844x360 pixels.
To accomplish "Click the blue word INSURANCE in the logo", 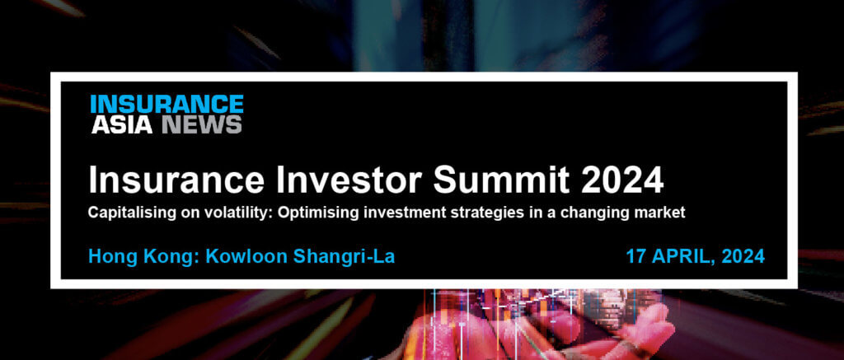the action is (166, 104).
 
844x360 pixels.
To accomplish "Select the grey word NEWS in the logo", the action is (202, 124).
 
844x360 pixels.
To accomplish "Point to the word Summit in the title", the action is (502, 180).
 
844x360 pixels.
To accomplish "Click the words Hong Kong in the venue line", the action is (143, 257).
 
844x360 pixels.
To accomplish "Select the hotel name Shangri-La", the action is (344, 257).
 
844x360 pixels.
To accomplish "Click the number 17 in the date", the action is (635, 257).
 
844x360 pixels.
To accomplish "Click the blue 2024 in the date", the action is (743, 257).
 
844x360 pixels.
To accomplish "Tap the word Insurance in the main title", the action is (176, 180).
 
